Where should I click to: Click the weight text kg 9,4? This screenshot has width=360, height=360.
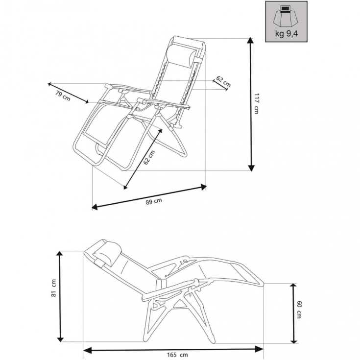coord(286,34)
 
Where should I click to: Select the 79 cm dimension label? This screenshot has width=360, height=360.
coord(62,96)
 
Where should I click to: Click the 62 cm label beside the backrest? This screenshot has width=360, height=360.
coord(223,82)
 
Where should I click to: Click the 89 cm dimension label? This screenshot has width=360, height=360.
coord(155,201)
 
